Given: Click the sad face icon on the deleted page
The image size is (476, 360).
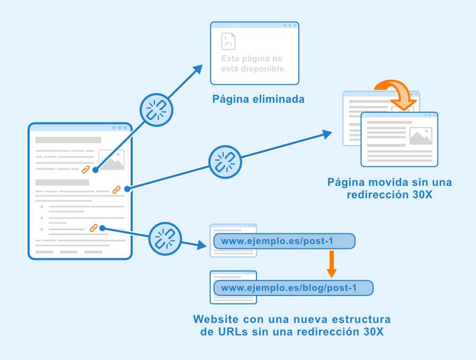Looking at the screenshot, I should click(x=228, y=41).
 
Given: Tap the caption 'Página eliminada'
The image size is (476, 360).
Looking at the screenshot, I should click(x=258, y=99).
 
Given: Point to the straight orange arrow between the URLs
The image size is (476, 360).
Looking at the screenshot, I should click(x=332, y=264).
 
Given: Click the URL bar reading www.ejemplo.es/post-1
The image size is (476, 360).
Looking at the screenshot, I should click(x=284, y=241).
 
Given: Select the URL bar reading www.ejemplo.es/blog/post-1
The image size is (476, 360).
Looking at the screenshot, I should click(x=294, y=288).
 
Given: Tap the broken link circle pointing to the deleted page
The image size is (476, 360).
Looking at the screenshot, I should click(x=156, y=111).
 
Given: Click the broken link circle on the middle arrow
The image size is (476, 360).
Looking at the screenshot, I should click(x=225, y=161).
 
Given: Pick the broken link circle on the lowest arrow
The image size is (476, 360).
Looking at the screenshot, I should click(x=165, y=238).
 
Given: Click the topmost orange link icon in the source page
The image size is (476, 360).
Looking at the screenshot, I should click(x=86, y=169).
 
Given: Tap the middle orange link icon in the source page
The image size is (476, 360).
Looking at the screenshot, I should click(x=116, y=190).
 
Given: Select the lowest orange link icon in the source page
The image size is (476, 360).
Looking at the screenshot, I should click(x=94, y=228).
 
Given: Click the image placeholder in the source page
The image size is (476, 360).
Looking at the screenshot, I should click(x=112, y=160).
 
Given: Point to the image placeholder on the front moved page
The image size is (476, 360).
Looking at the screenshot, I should click(x=420, y=136).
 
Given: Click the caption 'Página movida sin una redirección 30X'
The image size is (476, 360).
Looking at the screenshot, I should click(x=390, y=188).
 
